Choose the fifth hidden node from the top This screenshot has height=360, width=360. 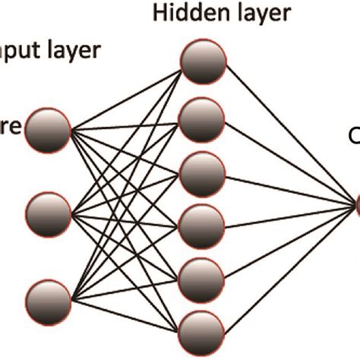click(x=203, y=274)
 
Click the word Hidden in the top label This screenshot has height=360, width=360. click(x=180, y=14)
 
